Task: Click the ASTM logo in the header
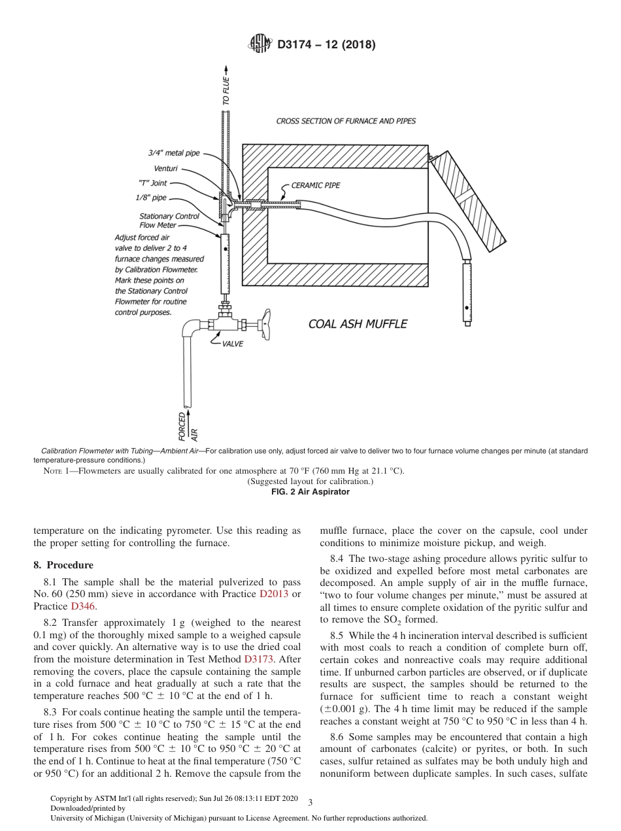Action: [x=261, y=44]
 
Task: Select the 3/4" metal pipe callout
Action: [x=173, y=153]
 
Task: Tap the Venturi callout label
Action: [x=165, y=169]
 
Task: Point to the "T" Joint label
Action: [x=154, y=184]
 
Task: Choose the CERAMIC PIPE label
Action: [x=316, y=186]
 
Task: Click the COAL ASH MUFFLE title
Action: [x=358, y=324]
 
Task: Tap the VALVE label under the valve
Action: [x=233, y=344]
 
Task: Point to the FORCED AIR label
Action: [x=187, y=425]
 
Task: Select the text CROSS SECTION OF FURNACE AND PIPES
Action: [x=346, y=121]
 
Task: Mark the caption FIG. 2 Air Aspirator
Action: [x=310, y=492]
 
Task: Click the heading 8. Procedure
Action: [x=63, y=565]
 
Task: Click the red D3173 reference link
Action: [x=258, y=659]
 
